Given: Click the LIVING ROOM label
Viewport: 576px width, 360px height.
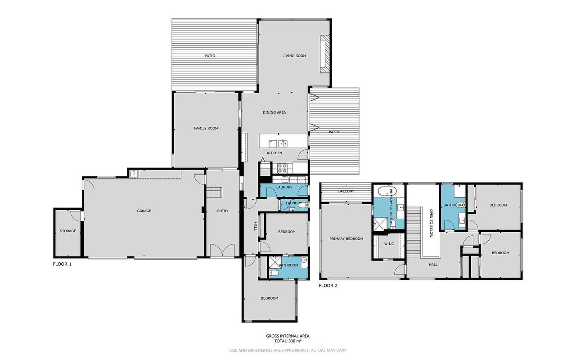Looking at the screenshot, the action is (294, 56).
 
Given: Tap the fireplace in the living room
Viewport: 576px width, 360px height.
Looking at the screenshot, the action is (324, 54).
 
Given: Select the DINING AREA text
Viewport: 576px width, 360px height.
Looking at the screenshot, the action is (274, 112).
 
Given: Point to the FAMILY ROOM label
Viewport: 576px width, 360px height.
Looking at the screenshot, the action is (206, 128).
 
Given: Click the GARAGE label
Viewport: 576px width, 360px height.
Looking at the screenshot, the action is (144, 211).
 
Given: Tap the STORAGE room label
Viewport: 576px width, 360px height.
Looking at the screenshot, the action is (68, 231).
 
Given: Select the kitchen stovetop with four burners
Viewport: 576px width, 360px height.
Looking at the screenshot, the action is (282, 168).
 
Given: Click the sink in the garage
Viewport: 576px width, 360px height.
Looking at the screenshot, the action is (134, 174).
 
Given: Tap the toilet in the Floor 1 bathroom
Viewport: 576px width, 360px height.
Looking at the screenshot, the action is (273, 273).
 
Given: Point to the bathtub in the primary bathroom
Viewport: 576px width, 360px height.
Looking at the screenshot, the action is (387, 192).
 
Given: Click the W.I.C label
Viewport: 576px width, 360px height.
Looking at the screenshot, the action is (389, 244).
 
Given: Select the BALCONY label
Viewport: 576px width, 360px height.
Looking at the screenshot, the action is (346, 191).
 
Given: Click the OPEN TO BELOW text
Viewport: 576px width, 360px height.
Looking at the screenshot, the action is (431, 223).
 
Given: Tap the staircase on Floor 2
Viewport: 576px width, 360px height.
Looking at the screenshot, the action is (414, 232).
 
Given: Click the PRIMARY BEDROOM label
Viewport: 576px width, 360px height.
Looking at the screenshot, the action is (346, 238).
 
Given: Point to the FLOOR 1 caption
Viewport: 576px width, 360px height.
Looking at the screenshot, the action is (62, 264).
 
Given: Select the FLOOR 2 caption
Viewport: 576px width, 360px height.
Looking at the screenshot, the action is (328, 285).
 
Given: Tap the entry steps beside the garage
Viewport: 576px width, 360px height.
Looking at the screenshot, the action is (214, 192).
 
